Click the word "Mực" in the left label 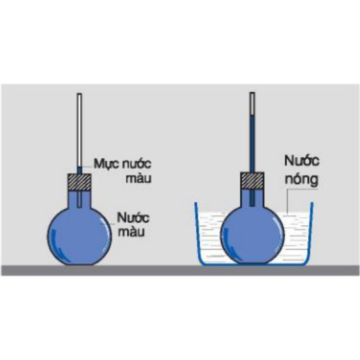106,164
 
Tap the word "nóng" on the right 302,180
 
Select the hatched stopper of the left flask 79,182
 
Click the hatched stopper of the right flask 252,181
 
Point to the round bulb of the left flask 79,236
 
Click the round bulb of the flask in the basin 252,235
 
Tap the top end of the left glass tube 79,94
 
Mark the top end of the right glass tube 252,93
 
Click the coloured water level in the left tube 79,167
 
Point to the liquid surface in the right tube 252,114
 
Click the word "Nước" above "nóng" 302,161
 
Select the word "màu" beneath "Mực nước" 139,179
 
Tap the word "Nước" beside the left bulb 133,218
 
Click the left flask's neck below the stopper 79,199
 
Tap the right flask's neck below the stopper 252,198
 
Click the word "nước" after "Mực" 137,164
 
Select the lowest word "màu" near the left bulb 131,232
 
